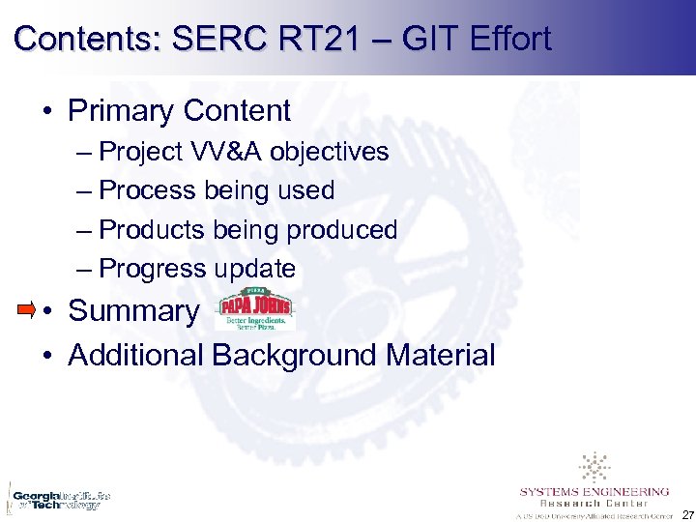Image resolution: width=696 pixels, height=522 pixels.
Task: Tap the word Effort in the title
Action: coord(508,39)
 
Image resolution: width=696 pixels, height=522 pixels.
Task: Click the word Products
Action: coord(153,230)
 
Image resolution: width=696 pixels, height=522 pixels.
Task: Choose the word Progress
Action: coord(153,269)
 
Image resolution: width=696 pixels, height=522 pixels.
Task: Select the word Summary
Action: coord(132,311)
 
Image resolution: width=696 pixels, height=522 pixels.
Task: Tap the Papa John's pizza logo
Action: coord(256,310)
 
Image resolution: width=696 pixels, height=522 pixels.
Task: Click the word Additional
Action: coord(135,355)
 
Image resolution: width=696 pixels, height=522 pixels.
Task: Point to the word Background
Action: coord(294,355)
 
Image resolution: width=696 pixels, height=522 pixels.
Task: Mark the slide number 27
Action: coord(685,513)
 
